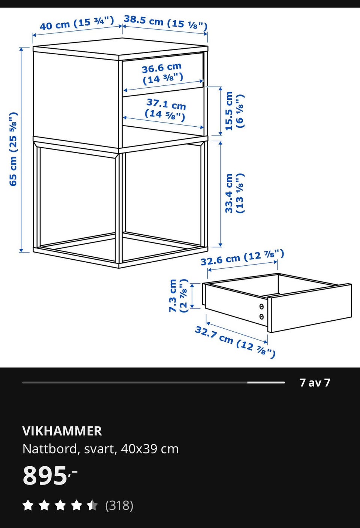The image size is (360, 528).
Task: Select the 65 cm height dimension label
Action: point(13,149)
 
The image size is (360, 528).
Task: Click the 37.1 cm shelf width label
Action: point(165,110)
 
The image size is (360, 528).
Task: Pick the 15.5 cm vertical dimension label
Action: point(234,111)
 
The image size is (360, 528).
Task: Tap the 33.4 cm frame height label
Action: point(234,193)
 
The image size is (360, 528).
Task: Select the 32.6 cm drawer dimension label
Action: point(242,257)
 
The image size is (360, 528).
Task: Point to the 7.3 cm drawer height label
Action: point(178,296)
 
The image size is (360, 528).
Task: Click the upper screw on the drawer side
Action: point(261,307)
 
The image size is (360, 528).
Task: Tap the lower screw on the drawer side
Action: point(261,316)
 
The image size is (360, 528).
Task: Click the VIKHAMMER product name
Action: point(62,431)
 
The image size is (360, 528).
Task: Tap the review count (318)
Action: point(119,506)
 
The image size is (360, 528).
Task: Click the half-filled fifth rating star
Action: point(92,506)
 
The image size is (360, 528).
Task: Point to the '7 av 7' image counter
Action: point(315,383)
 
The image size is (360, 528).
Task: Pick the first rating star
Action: point(28,506)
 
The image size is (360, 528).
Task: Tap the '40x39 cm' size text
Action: point(150,449)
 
